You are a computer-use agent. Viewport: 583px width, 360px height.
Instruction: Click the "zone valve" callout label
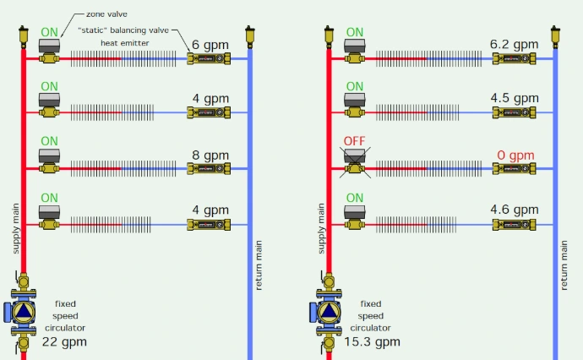pyautogui.click(x=106, y=14)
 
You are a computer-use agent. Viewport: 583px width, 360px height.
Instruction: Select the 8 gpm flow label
pyautogui.click(x=210, y=155)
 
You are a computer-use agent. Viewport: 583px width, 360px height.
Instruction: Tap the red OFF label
pyautogui.click(x=354, y=141)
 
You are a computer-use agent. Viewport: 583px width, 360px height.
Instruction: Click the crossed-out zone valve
pyautogui.click(x=355, y=161)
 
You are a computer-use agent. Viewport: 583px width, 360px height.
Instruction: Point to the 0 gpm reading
pyautogui.click(x=515, y=155)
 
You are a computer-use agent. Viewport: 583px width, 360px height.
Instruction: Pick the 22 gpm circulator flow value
pyautogui.click(x=64, y=341)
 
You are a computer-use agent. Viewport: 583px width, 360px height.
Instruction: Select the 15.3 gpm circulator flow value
pyautogui.click(x=372, y=341)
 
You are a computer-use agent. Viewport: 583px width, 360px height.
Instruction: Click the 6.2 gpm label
pyautogui.click(x=515, y=44)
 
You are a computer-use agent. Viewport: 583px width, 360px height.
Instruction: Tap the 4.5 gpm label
pyautogui.click(x=515, y=98)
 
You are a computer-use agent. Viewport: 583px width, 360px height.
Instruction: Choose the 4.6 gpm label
pyautogui.click(x=515, y=210)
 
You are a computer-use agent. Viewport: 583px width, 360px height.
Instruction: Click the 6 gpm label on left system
pyautogui.click(x=210, y=45)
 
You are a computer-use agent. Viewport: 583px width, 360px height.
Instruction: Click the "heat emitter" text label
pyautogui.click(x=125, y=43)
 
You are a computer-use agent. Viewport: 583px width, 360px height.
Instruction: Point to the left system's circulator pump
pyautogui.click(x=23, y=312)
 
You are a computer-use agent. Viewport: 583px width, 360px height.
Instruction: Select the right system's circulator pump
pyautogui.click(x=329, y=312)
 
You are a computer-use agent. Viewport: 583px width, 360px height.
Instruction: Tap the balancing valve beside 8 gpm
pyautogui.click(x=209, y=169)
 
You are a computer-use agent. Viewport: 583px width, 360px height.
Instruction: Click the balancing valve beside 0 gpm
pyautogui.click(x=515, y=169)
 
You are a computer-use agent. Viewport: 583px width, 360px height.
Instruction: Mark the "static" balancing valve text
pyautogui.click(x=123, y=30)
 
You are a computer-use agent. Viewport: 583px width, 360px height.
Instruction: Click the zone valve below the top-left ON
pyautogui.click(x=49, y=52)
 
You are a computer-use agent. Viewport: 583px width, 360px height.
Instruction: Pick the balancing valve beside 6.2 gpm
pyautogui.click(x=515, y=59)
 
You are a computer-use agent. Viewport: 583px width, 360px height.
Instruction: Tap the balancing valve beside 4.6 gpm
pyautogui.click(x=515, y=225)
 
